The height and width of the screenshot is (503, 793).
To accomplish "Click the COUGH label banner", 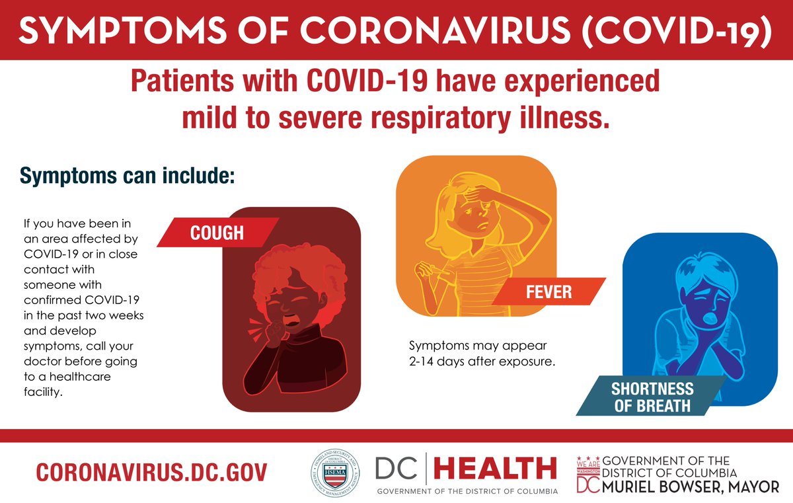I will coord(217,233).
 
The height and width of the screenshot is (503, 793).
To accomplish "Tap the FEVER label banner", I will coord(548,291).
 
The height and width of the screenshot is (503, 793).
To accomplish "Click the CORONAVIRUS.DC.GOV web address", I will coord(151,472).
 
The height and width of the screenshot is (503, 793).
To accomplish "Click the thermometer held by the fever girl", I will coord(443,270).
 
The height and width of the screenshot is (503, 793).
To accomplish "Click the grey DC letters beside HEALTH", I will coord(398,468).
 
